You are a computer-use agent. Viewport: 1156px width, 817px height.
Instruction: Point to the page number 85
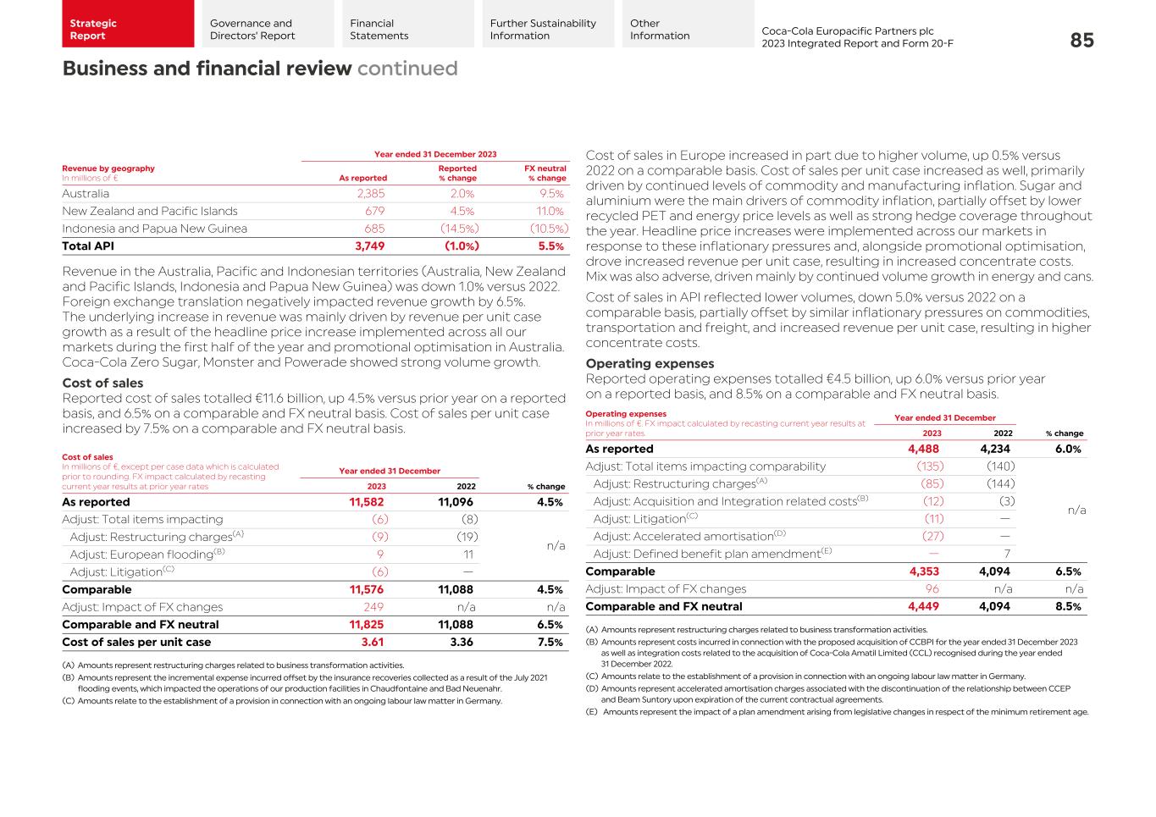point(1081,41)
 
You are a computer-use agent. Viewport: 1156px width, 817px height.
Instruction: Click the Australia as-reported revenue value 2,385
point(370,194)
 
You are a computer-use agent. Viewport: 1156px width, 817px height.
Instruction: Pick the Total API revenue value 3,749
point(369,246)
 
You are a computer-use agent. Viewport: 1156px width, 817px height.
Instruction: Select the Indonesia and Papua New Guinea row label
point(154,229)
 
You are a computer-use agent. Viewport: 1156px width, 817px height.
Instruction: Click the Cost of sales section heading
point(102,383)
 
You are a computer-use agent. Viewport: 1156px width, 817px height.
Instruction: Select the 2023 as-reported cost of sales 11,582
point(367,502)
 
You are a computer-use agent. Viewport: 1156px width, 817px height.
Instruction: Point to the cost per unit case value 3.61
point(373,643)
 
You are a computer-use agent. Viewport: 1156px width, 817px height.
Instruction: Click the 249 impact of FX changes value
point(373,607)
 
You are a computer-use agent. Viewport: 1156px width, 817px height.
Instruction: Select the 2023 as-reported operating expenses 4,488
point(922,450)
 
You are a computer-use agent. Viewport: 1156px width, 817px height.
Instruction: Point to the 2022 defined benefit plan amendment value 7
point(1007,555)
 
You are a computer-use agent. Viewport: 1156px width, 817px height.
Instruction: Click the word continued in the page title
point(407,69)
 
